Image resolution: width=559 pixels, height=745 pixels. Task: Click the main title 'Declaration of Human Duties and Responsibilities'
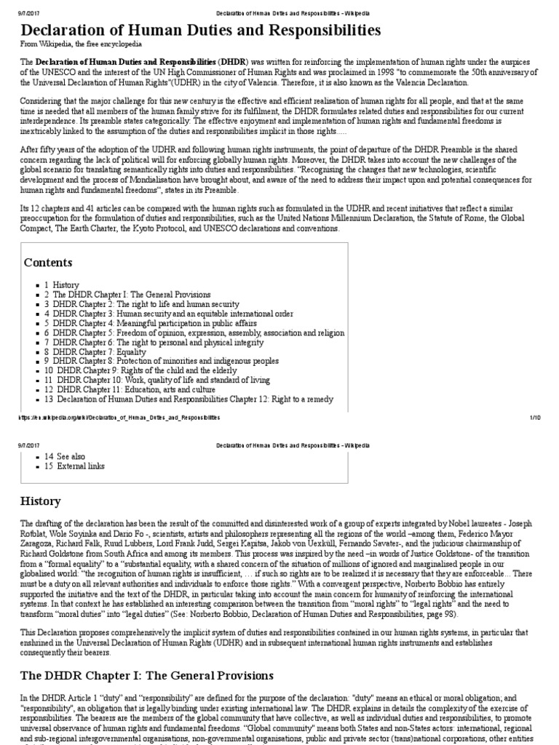click(x=201, y=30)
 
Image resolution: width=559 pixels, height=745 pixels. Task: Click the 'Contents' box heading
click(x=48, y=262)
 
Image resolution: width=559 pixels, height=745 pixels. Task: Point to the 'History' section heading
click(x=41, y=501)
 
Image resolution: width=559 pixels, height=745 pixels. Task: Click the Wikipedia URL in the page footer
click(x=116, y=418)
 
